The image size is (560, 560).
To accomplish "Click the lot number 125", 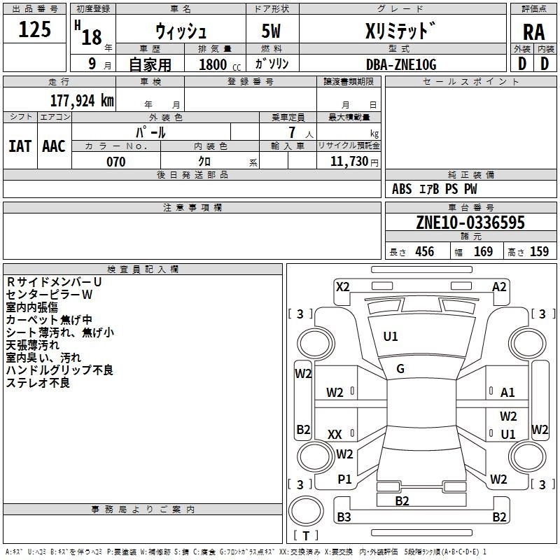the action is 34,29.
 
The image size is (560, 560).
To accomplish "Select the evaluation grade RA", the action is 533,32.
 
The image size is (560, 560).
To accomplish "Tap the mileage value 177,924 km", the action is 82,101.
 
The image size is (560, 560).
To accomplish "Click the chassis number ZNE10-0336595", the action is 470,222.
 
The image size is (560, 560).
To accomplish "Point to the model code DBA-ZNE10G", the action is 401,64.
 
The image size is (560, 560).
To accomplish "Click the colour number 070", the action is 116,162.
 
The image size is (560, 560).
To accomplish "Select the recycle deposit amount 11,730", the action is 349,162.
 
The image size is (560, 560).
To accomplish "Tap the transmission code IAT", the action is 20,146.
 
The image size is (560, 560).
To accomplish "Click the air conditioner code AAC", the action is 54,146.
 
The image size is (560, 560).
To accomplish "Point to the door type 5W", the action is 271,31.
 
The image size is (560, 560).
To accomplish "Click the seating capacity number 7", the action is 292,132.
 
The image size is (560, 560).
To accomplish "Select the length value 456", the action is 425,252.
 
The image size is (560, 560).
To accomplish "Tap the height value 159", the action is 539,252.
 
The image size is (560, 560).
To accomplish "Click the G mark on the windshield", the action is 400,369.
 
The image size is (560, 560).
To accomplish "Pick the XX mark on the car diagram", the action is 335,435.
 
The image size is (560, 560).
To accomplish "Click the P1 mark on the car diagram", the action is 344,479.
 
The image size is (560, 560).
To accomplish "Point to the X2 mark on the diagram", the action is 343,287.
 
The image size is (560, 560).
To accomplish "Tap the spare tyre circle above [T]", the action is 306,511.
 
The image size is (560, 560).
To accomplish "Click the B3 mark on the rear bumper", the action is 344,517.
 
